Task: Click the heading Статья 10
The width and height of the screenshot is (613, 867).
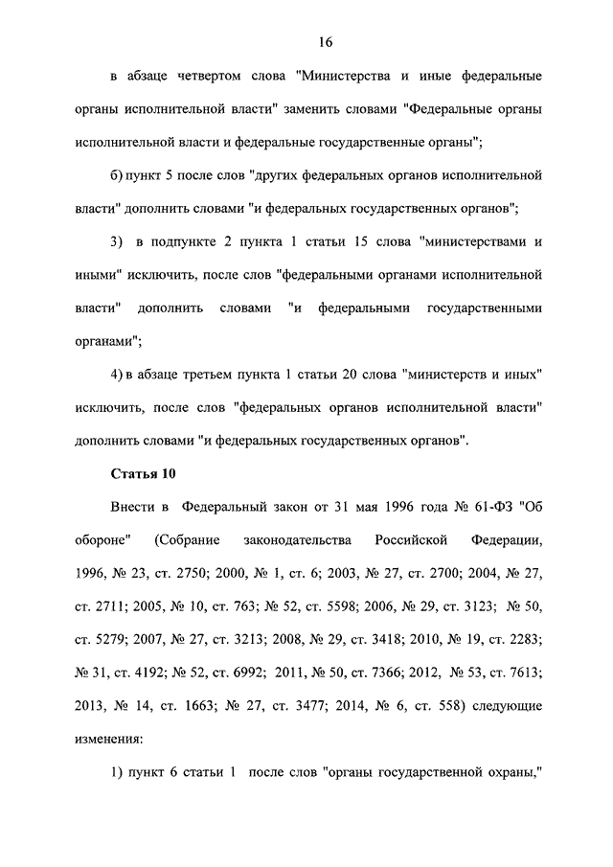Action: pyautogui.click(x=143, y=473)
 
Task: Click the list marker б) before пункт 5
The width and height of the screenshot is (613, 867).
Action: pyautogui.click(x=118, y=175)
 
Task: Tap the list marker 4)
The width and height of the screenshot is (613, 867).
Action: pyautogui.click(x=117, y=375)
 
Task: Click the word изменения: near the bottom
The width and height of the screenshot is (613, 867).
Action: pyautogui.click(x=107, y=740)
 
